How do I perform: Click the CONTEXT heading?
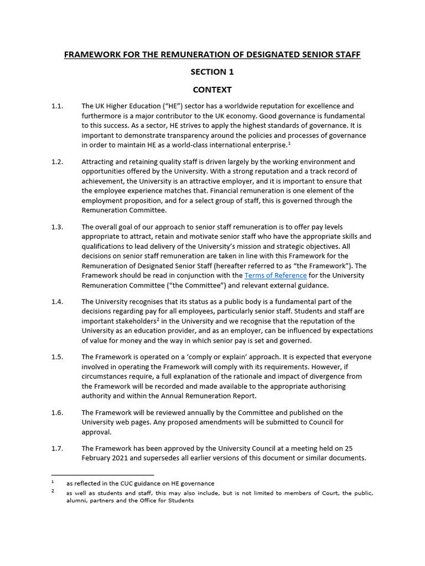(212, 90)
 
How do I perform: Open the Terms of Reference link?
(276, 275)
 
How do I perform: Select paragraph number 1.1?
(58, 106)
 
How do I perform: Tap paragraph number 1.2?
(58, 162)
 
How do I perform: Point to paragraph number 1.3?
(58, 227)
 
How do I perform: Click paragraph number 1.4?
(58, 302)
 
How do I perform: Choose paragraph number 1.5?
(58, 357)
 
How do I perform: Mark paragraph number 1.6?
(58, 413)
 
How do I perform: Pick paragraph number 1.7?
(58, 448)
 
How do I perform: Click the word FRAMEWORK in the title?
(91, 55)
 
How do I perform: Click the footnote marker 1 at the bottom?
(53, 482)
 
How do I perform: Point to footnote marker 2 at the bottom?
(53, 491)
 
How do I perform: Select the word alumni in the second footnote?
(76, 501)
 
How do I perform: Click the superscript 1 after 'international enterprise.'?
(289, 144)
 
